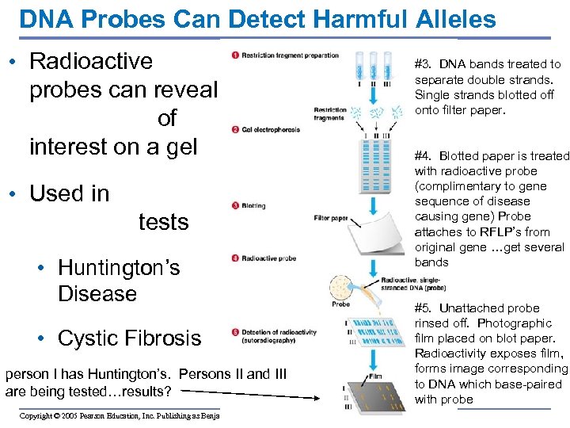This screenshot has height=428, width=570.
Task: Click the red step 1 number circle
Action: coord(235,55)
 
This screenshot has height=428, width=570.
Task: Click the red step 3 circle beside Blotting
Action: coord(235,205)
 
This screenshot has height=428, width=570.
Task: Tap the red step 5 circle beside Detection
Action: coord(235,332)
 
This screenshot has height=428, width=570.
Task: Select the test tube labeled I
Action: coord(360,67)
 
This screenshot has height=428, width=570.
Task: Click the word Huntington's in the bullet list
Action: coord(119,268)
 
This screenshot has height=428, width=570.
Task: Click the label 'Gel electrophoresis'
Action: coord(271,129)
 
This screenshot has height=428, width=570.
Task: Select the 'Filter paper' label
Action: coord(331,218)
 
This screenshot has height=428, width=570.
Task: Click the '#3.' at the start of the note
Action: coord(424,64)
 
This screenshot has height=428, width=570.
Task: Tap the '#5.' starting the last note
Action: coord(424,308)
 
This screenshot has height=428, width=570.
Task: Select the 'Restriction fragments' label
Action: coord(329,114)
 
